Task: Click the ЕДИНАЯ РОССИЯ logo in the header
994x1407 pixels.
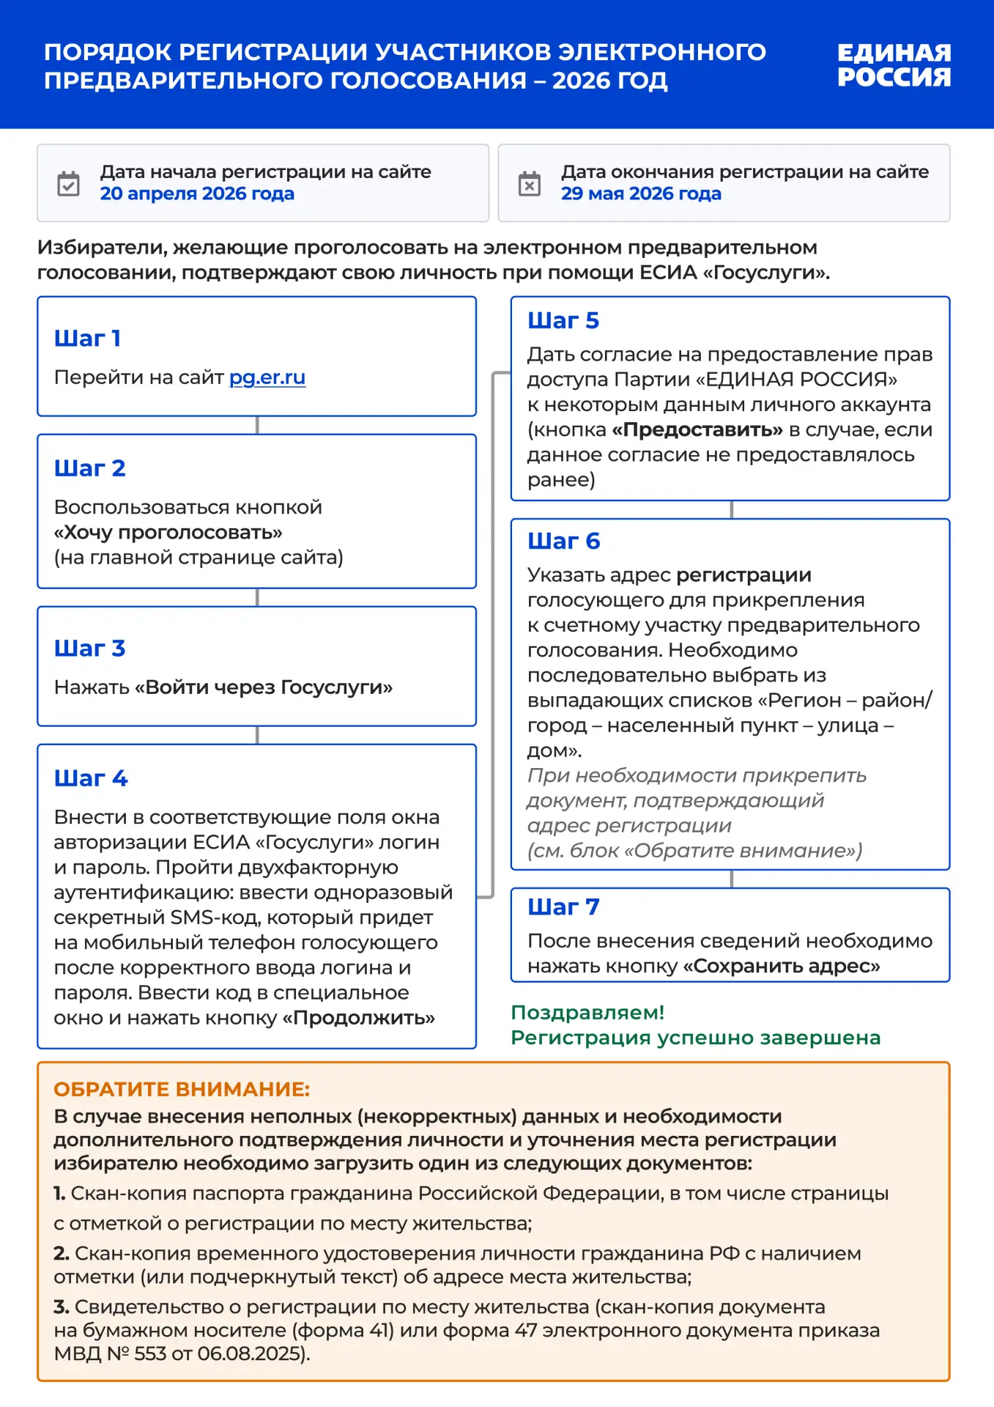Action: [x=894, y=64]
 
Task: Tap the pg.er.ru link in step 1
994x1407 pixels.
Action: [x=267, y=377]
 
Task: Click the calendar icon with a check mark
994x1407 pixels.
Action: [x=69, y=183]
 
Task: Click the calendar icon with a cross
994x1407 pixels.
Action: [x=530, y=183]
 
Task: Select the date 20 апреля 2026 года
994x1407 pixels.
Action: [x=197, y=194]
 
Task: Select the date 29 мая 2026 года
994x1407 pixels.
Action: [x=641, y=194]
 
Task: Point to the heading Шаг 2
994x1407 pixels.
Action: [x=90, y=468]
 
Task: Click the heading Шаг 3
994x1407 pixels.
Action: [x=90, y=649]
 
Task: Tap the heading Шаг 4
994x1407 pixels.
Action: [x=91, y=778]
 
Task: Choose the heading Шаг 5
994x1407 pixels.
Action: [x=563, y=321]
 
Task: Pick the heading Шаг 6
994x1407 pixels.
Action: [x=564, y=542]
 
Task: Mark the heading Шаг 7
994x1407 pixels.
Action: [x=563, y=907]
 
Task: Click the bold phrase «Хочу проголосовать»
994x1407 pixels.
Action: [x=168, y=533]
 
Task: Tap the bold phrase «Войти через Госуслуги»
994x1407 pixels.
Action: [x=264, y=687]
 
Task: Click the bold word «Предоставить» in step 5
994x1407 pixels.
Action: [x=697, y=429]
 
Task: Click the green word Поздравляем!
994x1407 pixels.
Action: [x=587, y=1013]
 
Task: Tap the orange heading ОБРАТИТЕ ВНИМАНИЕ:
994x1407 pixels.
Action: [x=182, y=1089]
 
